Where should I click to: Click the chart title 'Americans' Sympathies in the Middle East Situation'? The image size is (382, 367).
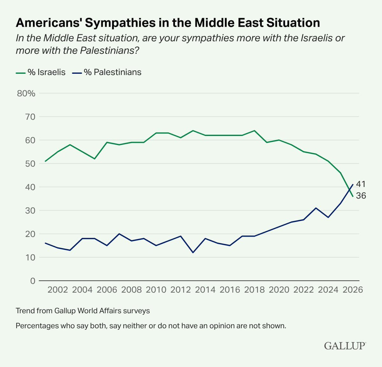[x=168, y=23]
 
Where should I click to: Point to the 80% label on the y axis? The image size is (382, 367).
[x=26, y=93]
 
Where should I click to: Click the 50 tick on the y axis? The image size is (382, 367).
[x=28, y=164]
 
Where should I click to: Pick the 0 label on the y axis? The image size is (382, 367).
[x=32, y=281]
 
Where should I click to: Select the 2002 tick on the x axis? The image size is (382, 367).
[x=58, y=290]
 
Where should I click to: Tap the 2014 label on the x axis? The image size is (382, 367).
[x=205, y=290]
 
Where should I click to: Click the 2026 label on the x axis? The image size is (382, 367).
[x=352, y=290]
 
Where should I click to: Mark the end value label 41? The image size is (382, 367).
[x=361, y=184]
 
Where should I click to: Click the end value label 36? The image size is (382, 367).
[x=361, y=196]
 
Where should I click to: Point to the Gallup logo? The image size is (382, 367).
[x=345, y=346]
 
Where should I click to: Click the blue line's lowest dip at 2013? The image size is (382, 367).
[x=193, y=253]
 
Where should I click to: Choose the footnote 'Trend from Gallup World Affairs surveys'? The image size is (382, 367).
[x=83, y=310]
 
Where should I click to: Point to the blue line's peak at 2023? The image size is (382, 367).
[x=315, y=208]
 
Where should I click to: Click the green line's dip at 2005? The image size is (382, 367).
[x=95, y=159]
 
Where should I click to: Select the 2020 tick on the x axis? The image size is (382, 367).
[x=279, y=290]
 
